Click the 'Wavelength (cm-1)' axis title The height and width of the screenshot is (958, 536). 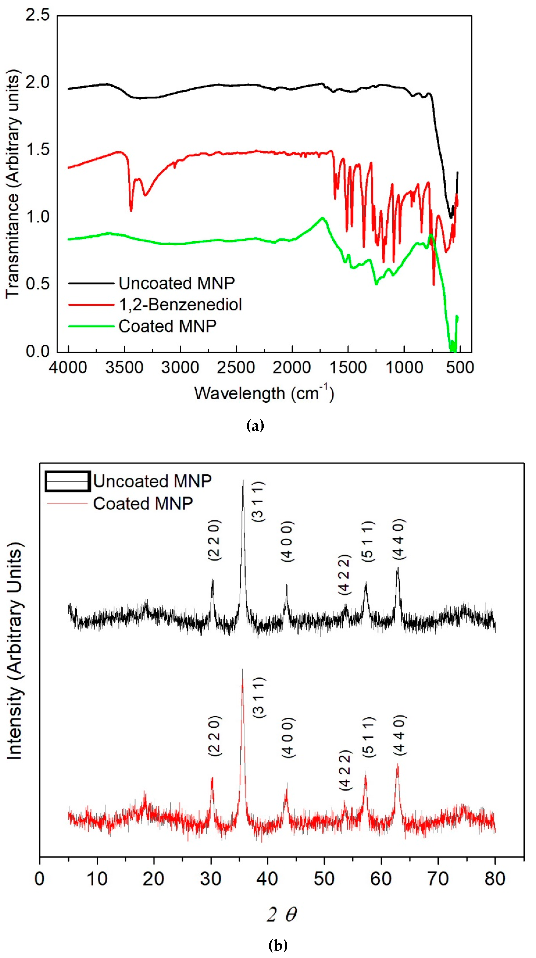(264, 393)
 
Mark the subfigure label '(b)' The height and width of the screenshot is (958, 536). (278, 945)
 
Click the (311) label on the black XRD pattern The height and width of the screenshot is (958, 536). (259, 501)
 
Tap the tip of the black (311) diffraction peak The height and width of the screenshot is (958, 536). (243, 480)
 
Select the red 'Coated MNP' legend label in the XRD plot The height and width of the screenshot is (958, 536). (143, 504)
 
